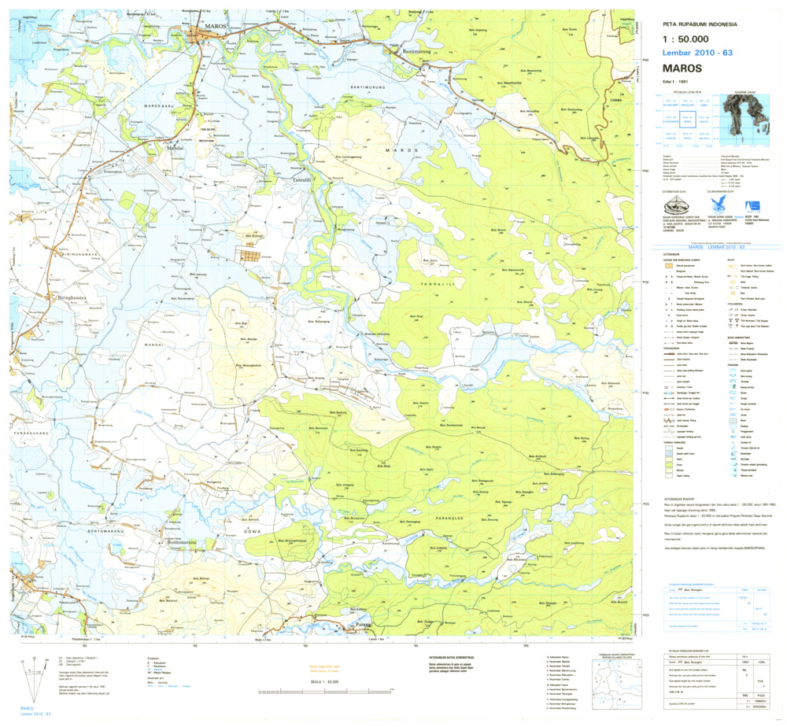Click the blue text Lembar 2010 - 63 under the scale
(x=697, y=52)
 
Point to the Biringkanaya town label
(x=57, y=299)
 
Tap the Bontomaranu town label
(x=182, y=543)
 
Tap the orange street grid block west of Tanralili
(x=249, y=256)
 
